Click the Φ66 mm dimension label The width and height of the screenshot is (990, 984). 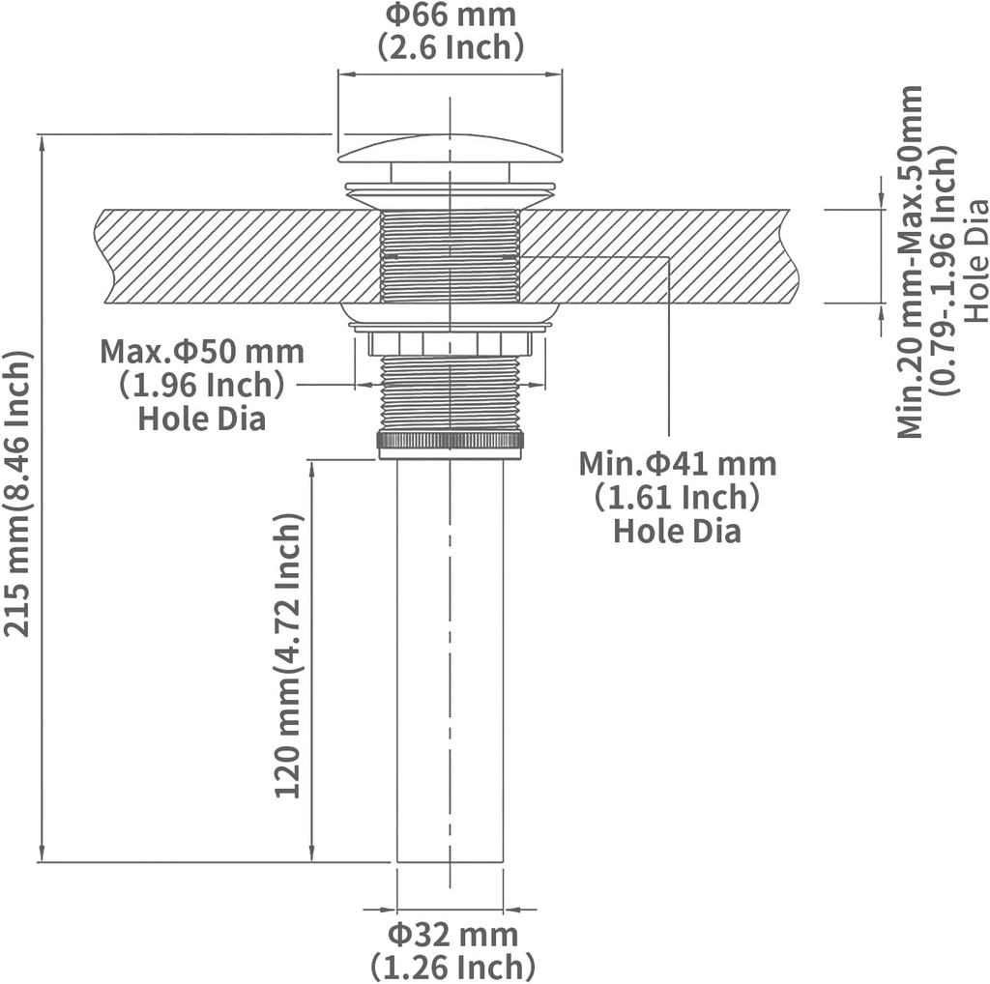[451, 16]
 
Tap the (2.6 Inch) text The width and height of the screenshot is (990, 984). [451, 46]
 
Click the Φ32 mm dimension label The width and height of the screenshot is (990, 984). [451, 935]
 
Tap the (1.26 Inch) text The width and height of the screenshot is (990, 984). [451, 966]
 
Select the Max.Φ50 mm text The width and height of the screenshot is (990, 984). [202, 351]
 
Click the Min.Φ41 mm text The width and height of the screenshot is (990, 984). [677, 464]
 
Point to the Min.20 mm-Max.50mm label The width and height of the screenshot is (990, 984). [910, 261]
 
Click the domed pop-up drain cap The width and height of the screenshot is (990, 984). [451, 149]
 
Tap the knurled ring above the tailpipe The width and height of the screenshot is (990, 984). [451, 441]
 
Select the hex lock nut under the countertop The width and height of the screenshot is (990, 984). [451, 343]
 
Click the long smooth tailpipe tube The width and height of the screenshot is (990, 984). [451, 657]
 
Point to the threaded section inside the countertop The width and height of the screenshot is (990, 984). [451, 256]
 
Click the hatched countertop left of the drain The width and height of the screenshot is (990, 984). [232, 256]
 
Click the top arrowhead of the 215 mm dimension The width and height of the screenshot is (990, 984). [42, 141]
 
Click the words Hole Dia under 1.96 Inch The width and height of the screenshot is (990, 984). [202, 419]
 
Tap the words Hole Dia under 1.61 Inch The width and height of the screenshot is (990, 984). [677, 531]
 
